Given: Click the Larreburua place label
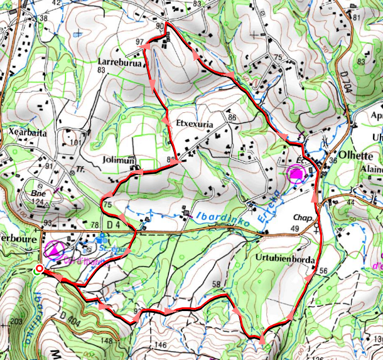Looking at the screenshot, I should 119,62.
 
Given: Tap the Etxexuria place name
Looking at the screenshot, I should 195,125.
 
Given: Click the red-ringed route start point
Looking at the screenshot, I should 40,270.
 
